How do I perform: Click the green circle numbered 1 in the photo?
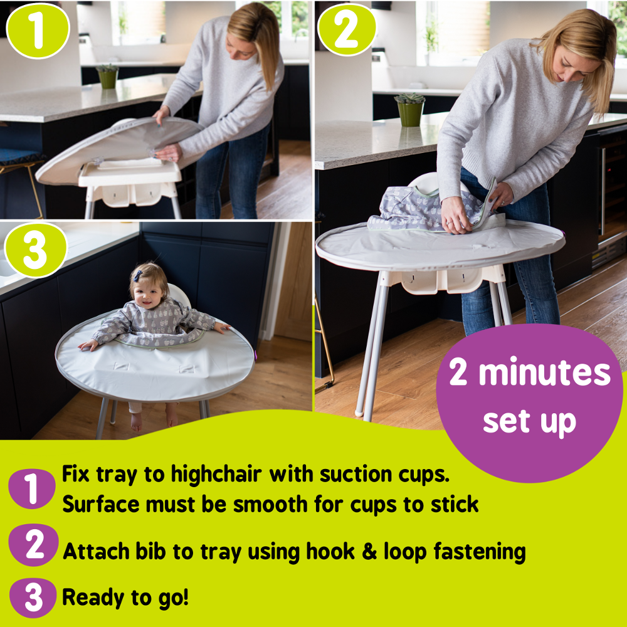coord(38,31)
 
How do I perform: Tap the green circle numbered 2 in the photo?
coord(347,29)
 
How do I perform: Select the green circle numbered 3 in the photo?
coord(36,250)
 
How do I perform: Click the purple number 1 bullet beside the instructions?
coord(31,488)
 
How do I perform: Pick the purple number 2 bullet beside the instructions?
coord(34,544)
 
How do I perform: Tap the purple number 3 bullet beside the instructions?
coord(33,598)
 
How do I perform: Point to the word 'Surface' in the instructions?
coord(101,504)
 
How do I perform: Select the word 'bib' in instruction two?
coord(150,551)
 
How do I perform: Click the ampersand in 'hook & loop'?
coord(369,552)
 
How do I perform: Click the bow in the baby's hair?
coord(137,275)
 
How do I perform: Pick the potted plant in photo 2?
coord(410,110)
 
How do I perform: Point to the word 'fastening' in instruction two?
coord(480,552)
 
